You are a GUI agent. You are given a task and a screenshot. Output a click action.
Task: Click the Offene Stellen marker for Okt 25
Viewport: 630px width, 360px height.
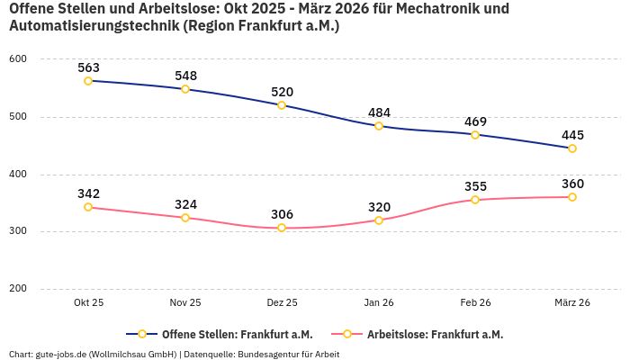pyautogui.click(x=88, y=81)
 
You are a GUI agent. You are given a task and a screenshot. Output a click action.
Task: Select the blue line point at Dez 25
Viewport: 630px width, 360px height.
pyautogui.click(x=282, y=105)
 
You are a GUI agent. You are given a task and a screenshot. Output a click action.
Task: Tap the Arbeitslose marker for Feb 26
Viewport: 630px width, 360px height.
pyautogui.click(x=475, y=200)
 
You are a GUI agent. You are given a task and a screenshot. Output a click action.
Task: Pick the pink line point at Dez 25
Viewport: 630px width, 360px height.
pyautogui.click(x=282, y=228)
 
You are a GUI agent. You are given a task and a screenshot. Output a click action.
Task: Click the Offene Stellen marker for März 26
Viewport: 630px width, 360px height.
pyautogui.click(x=572, y=148)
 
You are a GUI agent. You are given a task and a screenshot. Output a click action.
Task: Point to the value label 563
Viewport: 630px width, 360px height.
pyautogui.click(x=88, y=67)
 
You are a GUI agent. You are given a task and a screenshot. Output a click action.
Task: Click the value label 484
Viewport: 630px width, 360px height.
pyautogui.click(x=379, y=112)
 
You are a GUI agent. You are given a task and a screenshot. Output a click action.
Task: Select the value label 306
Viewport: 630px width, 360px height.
pyautogui.click(x=282, y=214)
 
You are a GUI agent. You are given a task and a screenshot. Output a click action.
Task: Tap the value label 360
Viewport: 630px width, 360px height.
pyautogui.click(x=572, y=184)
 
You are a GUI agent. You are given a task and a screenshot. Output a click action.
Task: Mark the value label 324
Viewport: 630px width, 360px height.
pyautogui.click(x=185, y=204)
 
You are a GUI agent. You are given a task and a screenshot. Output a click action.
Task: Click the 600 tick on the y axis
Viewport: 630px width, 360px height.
pyautogui.click(x=18, y=59)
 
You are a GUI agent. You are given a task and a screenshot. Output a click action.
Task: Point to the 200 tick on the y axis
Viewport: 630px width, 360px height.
pyautogui.click(x=18, y=289)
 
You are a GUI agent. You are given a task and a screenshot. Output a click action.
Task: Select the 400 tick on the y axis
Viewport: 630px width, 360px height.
pyautogui.click(x=18, y=174)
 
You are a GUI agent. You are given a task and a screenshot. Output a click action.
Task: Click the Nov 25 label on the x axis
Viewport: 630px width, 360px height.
pyautogui.click(x=185, y=303)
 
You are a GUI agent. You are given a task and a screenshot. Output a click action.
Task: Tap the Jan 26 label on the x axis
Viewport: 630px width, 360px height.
pyautogui.click(x=379, y=303)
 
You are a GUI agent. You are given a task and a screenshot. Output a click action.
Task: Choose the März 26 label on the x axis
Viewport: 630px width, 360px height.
pyautogui.click(x=572, y=303)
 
